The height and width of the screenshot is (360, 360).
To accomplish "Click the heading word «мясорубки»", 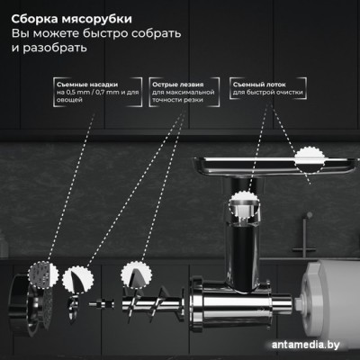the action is click(x=96, y=19).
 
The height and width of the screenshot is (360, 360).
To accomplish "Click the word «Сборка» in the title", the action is click(x=35, y=19).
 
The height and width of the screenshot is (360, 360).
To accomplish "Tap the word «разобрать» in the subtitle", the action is click(x=55, y=48).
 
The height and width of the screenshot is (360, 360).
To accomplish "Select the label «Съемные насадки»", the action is click(x=87, y=85).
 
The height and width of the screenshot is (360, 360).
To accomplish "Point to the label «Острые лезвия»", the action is click(x=178, y=85).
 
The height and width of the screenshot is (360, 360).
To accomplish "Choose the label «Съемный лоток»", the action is click(x=259, y=85).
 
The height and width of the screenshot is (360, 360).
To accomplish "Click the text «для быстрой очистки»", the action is click(x=268, y=92).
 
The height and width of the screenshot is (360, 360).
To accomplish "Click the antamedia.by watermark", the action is click(x=306, y=345).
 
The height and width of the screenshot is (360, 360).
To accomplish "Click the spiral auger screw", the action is click(x=153, y=303).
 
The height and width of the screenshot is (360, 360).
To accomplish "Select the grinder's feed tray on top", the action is click(x=269, y=165).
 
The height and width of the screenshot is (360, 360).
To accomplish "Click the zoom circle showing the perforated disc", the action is click(x=43, y=274).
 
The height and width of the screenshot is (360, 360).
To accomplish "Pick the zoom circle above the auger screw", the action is click(x=137, y=275).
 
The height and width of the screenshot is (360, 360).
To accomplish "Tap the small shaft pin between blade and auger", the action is click(x=102, y=303).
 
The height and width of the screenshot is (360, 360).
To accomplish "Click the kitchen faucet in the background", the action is click(x=304, y=234).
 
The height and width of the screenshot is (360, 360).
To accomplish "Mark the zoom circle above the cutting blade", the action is click(x=77, y=280).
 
